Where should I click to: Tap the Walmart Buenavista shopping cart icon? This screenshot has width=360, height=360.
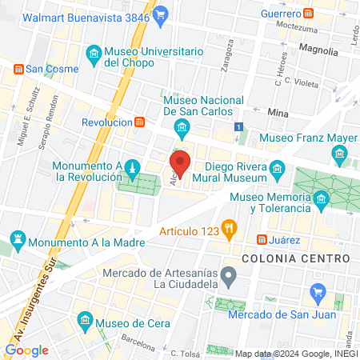click(x=160, y=13)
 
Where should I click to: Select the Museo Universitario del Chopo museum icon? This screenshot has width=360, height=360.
click(x=94, y=54)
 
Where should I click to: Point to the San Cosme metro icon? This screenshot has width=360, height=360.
click(x=18, y=70)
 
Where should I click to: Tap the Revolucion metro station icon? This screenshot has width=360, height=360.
click(x=140, y=122)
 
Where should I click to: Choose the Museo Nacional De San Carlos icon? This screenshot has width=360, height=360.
click(x=182, y=126)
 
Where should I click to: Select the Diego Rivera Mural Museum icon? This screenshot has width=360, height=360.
click(x=278, y=168)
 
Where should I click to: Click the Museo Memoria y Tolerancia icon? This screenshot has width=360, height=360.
click(x=322, y=198)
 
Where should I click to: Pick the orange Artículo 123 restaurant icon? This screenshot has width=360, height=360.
click(x=229, y=228)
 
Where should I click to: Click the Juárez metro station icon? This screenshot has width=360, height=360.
click(x=262, y=240)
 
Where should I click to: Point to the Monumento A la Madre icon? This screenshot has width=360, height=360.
click(x=18, y=240)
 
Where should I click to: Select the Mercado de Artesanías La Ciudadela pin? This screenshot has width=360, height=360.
click(x=229, y=278)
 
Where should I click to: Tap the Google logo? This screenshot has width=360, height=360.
click(x=26, y=350)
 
